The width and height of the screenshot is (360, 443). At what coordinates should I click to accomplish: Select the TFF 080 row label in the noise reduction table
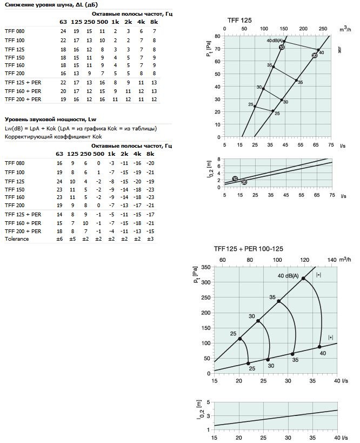click(15, 31)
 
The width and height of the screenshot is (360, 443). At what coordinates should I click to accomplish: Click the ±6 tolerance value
click(60, 239)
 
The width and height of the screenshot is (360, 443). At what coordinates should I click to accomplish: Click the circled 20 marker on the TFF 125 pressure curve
click(315, 55)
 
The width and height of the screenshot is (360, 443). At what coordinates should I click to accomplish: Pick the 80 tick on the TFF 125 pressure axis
click(217, 36)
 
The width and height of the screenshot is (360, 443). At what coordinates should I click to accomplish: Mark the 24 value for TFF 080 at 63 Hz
click(63, 31)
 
